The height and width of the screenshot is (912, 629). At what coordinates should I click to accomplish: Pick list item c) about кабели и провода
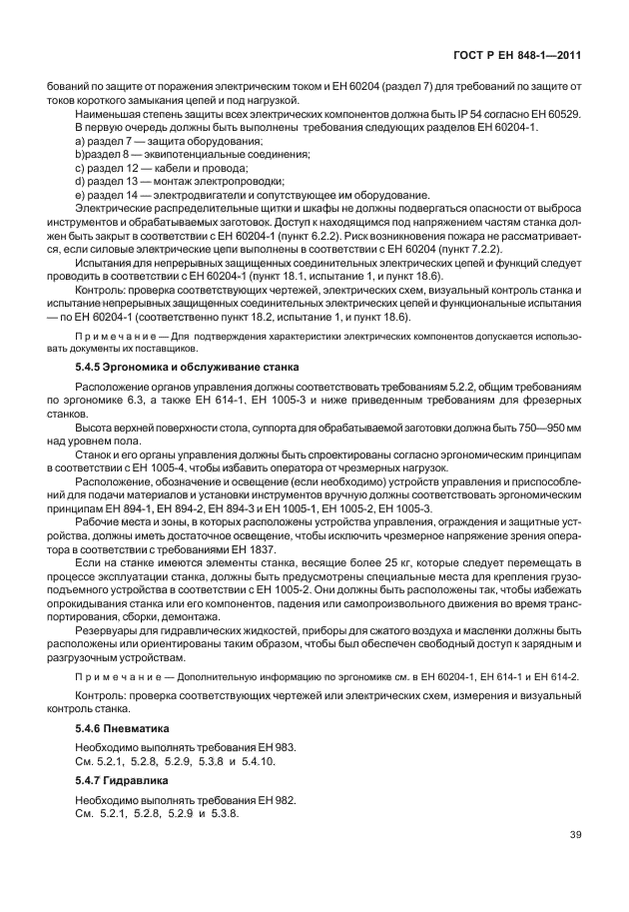point(144,168)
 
